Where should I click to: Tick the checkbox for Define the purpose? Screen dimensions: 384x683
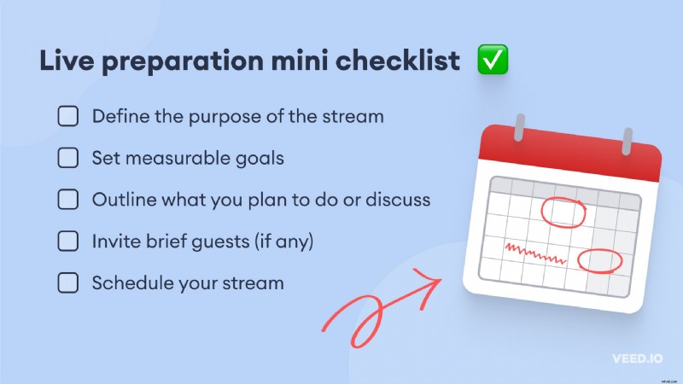tap(68, 116)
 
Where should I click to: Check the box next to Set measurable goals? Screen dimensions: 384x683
tap(68, 158)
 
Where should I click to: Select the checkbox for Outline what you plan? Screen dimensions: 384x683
tap(68, 200)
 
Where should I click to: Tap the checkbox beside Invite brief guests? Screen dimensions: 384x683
tap(68, 241)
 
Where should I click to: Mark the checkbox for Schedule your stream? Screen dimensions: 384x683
tap(68, 283)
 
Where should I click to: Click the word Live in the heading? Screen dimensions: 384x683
tap(61, 61)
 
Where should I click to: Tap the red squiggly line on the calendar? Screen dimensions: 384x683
tap(534, 252)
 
